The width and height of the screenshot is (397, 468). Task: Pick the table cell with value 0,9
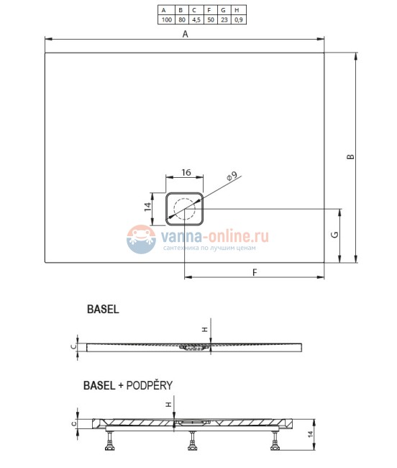239,20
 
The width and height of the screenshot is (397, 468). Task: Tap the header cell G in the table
224,11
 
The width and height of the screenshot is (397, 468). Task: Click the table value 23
224,20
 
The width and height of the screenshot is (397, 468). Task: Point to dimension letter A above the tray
185,34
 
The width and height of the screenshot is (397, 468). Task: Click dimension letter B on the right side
350,158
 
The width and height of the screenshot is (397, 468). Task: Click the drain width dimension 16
186,173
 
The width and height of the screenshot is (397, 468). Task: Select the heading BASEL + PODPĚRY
127,386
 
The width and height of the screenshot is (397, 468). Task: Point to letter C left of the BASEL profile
73,346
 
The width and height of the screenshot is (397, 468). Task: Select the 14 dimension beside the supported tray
310,434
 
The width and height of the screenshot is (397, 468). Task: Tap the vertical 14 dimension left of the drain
147,207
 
